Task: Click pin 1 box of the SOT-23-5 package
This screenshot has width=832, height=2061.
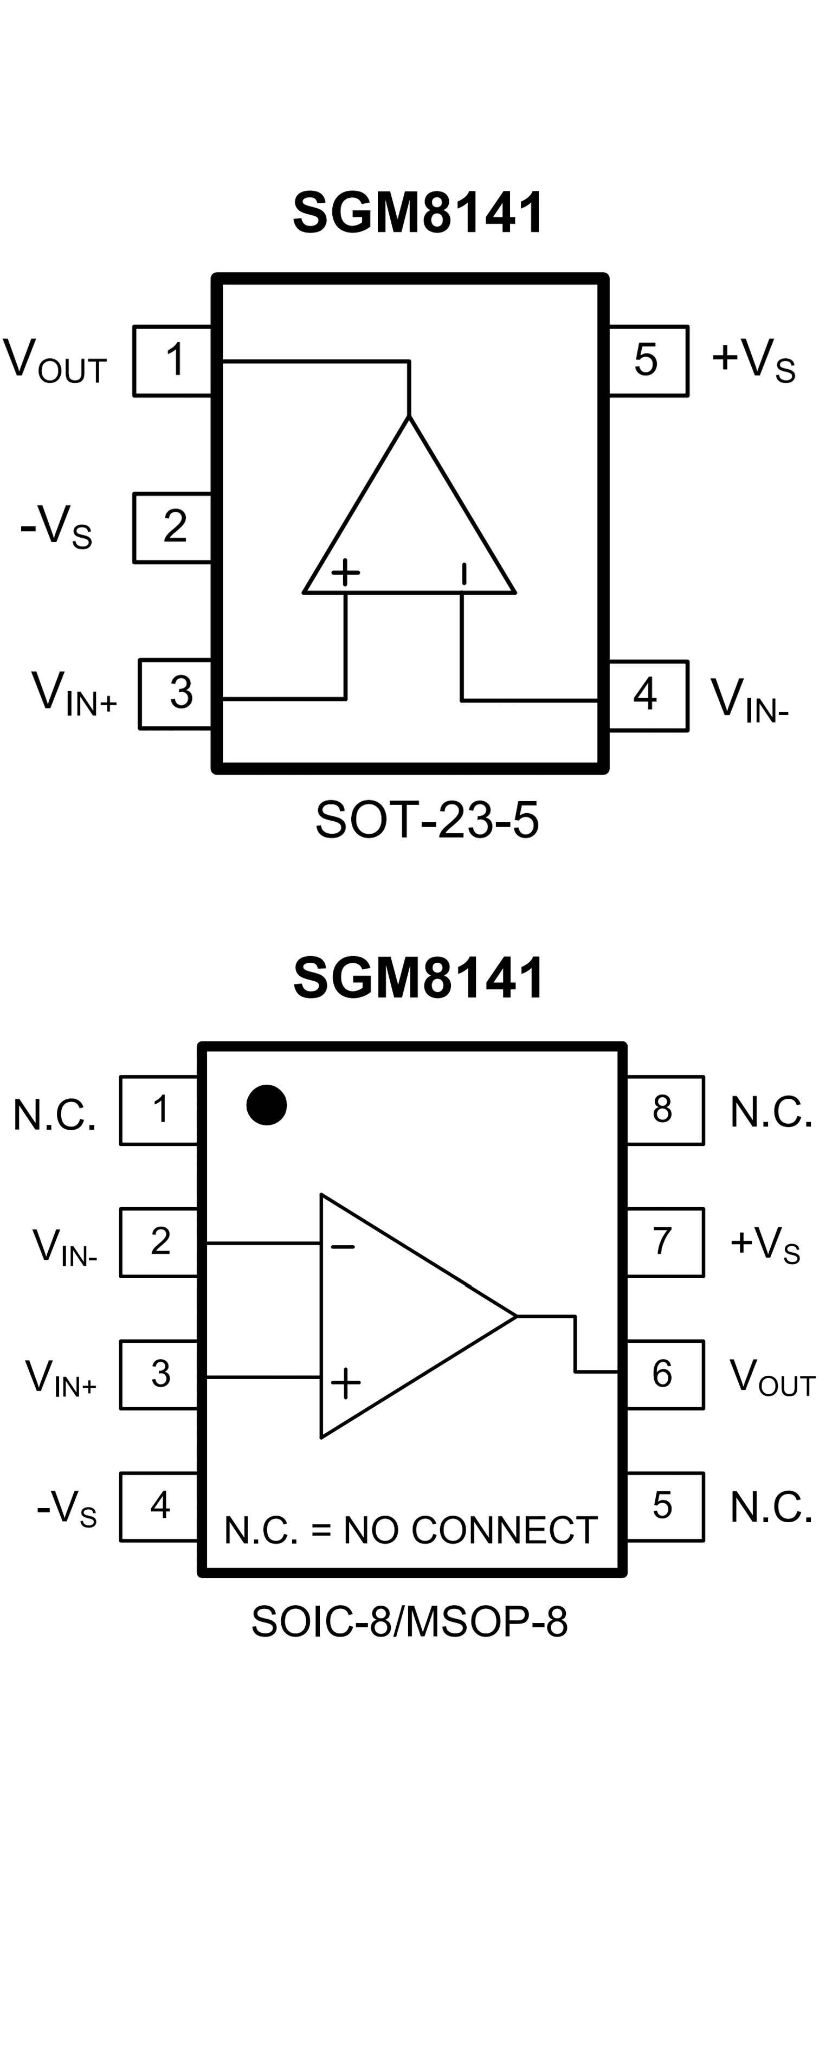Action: (x=173, y=361)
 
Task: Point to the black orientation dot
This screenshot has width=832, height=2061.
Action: (x=266, y=1105)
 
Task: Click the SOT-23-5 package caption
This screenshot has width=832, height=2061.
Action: (x=427, y=820)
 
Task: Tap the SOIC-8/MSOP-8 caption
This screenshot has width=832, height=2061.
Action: (x=410, y=1622)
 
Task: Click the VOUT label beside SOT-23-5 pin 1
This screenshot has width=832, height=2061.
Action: (x=54, y=361)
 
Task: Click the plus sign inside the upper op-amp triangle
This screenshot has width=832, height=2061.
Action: (x=346, y=572)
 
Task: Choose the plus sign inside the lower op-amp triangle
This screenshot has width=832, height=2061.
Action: (x=346, y=1382)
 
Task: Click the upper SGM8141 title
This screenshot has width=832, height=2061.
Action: (x=418, y=213)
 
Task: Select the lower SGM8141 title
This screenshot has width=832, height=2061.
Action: (x=418, y=978)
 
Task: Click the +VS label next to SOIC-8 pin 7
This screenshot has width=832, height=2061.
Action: (x=764, y=1244)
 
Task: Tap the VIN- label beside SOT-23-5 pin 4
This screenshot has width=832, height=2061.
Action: (x=750, y=698)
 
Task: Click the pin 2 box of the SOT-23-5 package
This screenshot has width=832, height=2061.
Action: (x=173, y=528)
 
